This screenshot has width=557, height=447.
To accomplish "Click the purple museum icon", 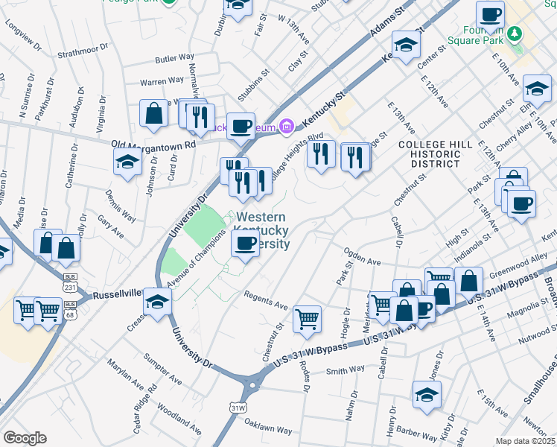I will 284,128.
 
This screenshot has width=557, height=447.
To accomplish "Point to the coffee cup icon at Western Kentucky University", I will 245,242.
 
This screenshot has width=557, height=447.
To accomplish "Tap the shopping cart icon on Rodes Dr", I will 307,319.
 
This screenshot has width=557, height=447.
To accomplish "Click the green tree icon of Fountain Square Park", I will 514,33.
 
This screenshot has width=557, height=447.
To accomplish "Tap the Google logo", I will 25,437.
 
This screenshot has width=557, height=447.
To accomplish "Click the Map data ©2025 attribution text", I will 526,441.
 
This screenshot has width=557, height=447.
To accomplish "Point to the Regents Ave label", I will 266,301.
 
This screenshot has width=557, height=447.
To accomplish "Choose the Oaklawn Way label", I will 269,428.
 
